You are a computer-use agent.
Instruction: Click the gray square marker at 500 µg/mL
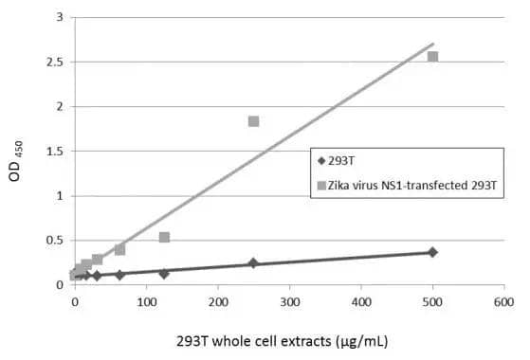tap(433, 57)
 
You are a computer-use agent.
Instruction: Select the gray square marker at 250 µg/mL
tap(253, 121)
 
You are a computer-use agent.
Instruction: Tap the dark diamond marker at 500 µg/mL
tap(432, 252)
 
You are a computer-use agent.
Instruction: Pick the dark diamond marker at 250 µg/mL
tap(253, 263)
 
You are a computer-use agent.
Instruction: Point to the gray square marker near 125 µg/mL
tap(164, 237)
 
